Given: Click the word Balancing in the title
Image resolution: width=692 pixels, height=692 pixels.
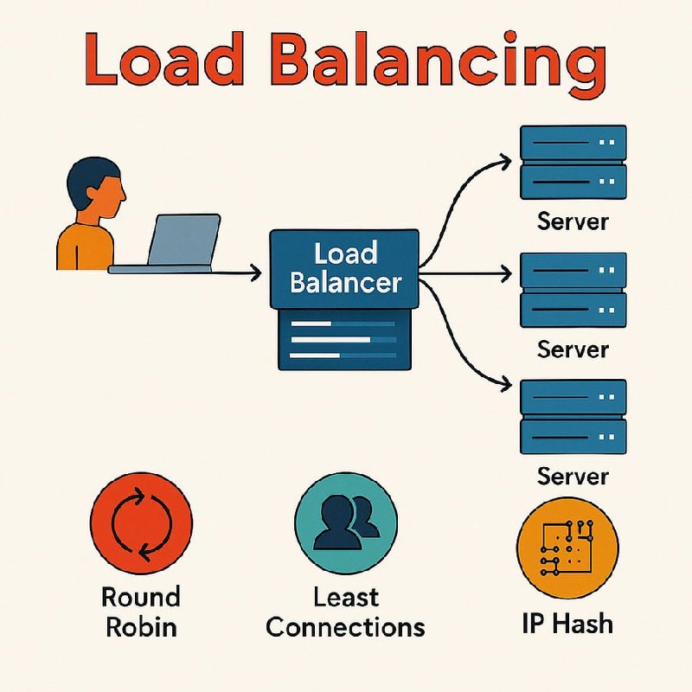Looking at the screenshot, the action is pos(438,61).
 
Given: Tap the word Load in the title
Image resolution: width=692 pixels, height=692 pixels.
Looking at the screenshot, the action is pos(163,59).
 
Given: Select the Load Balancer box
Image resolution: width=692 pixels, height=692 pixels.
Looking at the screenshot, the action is pos(344,268).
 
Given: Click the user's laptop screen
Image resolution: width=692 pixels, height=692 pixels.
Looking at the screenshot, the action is pos(184,240).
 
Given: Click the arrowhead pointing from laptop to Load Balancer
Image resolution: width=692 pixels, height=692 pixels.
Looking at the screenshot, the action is pos(256,272).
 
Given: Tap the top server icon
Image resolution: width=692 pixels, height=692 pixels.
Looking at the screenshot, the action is pos(573,163).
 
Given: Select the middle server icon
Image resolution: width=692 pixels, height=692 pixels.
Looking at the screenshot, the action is pos(573,290).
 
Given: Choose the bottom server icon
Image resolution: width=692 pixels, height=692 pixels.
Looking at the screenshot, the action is pos(573,417).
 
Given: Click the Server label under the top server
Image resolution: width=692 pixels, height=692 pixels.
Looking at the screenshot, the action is pos(573,221).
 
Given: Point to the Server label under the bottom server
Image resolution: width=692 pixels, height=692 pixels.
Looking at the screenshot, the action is pos(573,477).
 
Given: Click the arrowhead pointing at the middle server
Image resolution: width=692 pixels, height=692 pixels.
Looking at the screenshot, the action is pos(506,274).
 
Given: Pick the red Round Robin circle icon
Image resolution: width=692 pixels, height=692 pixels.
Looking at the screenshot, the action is pos(141,523).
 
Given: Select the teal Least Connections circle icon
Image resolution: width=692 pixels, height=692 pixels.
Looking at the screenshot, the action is pos(346,523).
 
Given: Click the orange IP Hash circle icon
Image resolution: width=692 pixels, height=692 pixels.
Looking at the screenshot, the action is pos(567,548).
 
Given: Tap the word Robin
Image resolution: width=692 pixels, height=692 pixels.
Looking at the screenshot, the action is pos(141,626).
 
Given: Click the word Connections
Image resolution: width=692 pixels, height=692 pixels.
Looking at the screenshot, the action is pos(345,626).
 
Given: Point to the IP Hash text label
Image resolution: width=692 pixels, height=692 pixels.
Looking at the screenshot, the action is pos(567,624).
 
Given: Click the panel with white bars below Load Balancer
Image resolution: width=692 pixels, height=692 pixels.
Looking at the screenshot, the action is pos(344,339).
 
